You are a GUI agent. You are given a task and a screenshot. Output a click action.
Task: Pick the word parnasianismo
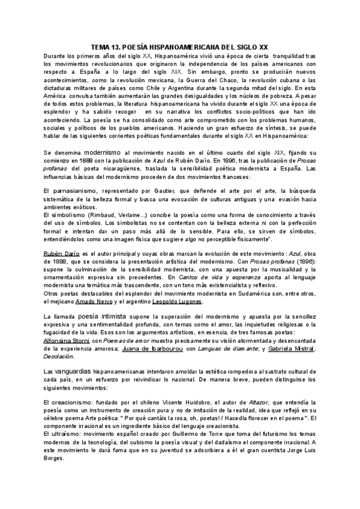73,190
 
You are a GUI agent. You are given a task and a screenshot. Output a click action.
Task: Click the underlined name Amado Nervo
95,301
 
